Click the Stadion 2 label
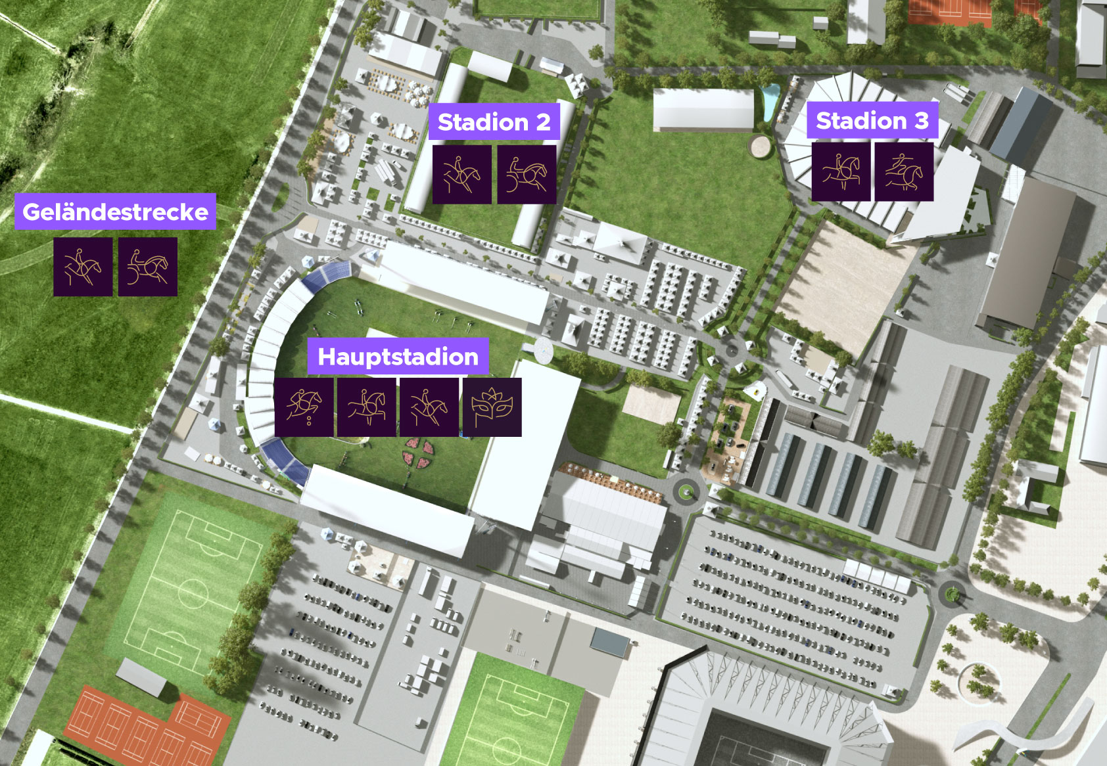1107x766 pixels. pyautogui.click(x=494, y=122)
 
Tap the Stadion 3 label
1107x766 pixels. pyautogui.click(x=872, y=120)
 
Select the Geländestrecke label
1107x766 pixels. pyautogui.click(x=115, y=212)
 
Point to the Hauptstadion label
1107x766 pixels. pyautogui.click(x=398, y=356)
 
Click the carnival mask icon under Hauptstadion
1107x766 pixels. pyautogui.click(x=492, y=407)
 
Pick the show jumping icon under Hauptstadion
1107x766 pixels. pyautogui.click(x=304, y=407)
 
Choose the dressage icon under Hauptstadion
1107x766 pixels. pyautogui.click(x=367, y=407)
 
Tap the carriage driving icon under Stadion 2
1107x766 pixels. pyautogui.click(x=527, y=175)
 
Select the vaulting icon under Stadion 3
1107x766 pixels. pyautogui.click(x=904, y=172)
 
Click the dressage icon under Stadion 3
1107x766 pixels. pyautogui.click(x=841, y=172)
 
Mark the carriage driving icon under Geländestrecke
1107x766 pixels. pyautogui.click(x=148, y=267)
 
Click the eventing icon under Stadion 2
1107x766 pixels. pyautogui.click(x=462, y=175)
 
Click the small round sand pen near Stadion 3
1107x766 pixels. pyautogui.click(x=760, y=146)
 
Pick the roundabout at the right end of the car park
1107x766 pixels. pyautogui.click(x=951, y=594)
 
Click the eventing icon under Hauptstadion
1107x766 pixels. pyautogui.click(x=429, y=407)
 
